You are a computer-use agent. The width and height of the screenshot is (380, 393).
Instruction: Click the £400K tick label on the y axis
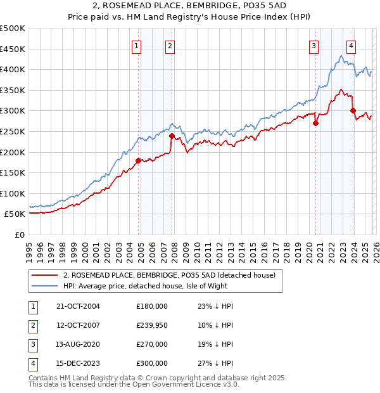[13, 69]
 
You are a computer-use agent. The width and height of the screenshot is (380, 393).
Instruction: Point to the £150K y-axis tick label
[13, 172]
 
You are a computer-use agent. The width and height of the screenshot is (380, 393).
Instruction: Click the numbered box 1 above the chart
[137, 45]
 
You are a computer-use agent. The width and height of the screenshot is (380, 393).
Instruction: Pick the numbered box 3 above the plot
[313, 45]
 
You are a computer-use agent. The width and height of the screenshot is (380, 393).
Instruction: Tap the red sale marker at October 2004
[138, 160]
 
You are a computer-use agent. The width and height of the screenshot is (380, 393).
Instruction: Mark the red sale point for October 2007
[172, 136]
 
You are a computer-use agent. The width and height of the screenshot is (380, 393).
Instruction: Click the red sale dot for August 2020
[315, 124]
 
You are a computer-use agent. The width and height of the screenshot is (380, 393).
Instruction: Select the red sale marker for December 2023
[352, 111]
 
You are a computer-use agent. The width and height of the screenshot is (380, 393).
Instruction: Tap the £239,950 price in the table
[152, 325]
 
